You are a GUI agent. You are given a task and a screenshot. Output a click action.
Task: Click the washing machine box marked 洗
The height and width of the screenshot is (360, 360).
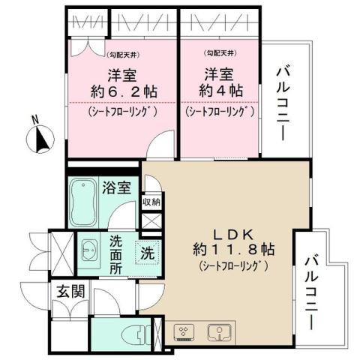(x=146, y=253)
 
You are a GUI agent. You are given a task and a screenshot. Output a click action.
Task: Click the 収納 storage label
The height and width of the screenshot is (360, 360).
(x=151, y=202)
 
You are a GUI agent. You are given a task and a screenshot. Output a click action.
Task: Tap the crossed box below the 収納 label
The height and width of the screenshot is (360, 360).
(x=151, y=221)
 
